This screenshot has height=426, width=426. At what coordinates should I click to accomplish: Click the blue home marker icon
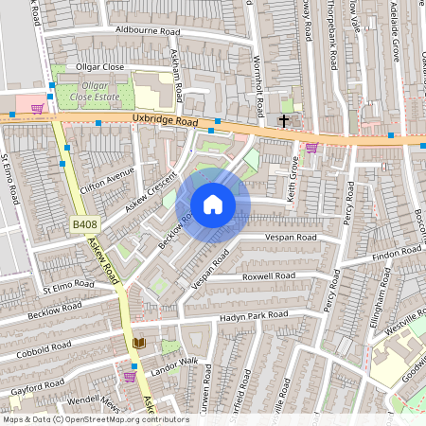point(213,204)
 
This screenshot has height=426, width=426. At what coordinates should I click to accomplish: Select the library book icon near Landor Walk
point(138,343)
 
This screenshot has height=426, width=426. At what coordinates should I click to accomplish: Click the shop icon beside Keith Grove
point(311,147)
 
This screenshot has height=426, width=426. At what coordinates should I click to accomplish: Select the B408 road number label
point(84,224)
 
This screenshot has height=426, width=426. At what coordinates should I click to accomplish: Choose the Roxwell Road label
point(268,275)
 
